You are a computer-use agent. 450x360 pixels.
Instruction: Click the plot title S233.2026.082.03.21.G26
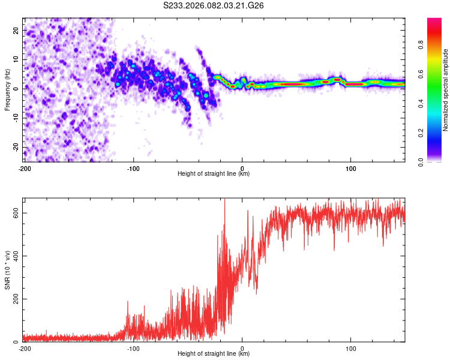point(213,5)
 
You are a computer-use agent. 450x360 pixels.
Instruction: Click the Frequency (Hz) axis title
point(7,90)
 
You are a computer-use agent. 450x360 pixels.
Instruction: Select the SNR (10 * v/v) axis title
point(7,270)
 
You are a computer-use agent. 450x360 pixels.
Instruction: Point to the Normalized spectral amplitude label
point(445,90)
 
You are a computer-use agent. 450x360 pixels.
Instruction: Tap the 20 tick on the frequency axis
point(16,30)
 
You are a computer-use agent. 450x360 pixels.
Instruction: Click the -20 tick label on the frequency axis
point(16,147)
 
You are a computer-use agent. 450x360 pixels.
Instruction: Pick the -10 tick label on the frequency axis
point(16,118)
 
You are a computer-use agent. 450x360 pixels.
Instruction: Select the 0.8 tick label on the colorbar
point(421,45)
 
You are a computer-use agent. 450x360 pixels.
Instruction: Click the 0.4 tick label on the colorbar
point(421,103)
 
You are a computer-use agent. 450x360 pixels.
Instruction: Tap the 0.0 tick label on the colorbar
point(421,162)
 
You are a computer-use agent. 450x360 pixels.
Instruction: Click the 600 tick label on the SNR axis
point(16,213)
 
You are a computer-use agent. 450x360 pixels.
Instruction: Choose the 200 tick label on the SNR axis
point(16,299)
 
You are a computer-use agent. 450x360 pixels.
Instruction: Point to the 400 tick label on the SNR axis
point(16,256)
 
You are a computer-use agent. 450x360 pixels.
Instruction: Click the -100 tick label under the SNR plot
point(133,349)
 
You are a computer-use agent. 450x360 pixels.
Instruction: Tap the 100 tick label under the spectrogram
point(351,169)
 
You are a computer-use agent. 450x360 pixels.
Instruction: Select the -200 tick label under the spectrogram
point(25,169)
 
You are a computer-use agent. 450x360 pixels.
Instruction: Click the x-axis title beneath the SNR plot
point(214,353)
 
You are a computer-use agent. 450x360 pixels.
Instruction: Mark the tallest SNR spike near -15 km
point(225,199)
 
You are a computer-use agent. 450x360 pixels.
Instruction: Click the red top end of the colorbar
point(434,19)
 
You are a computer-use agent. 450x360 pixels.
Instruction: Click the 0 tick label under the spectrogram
point(242,169)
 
